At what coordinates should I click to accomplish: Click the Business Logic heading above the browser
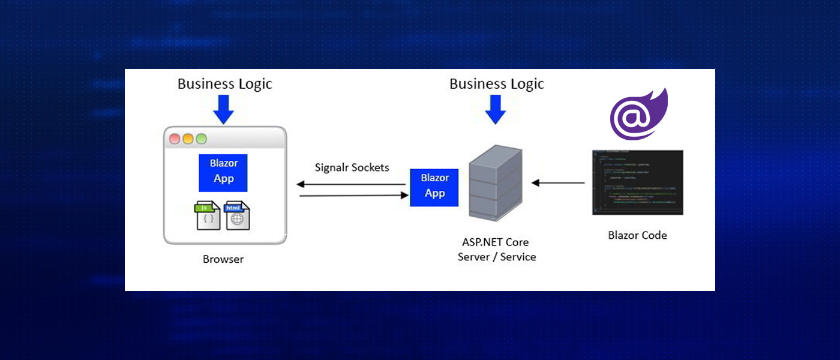pyautogui.click(x=224, y=83)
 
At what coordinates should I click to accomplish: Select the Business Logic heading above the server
pyautogui.click(x=496, y=83)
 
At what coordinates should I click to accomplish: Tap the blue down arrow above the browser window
pyautogui.click(x=223, y=110)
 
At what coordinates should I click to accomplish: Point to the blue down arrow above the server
pyautogui.click(x=495, y=110)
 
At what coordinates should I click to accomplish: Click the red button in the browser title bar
pyautogui.click(x=175, y=139)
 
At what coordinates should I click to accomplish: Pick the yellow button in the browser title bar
pyautogui.click(x=188, y=139)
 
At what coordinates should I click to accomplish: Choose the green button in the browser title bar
pyautogui.click(x=201, y=139)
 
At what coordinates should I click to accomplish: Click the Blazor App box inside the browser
pyautogui.click(x=223, y=173)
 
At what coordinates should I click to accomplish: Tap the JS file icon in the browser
pyautogui.click(x=208, y=216)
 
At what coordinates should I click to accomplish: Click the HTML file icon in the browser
pyautogui.click(x=236, y=216)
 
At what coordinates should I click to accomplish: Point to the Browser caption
pyautogui.click(x=223, y=260)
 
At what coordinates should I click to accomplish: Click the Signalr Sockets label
pyautogui.click(x=352, y=167)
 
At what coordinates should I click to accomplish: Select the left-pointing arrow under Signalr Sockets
pyautogui.click(x=352, y=184)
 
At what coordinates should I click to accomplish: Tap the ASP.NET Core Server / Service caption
pyautogui.click(x=496, y=250)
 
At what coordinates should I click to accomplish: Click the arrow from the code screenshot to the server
pyautogui.click(x=558, y=182)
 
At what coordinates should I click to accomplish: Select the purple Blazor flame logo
pyautogui.click(x=638, y=115)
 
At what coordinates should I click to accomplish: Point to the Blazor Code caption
pyautogui.click(x=637, y=235)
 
